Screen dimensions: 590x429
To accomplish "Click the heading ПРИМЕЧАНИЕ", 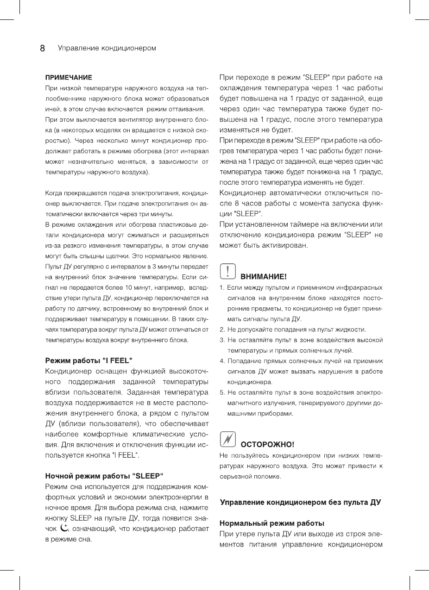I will click(68, 77).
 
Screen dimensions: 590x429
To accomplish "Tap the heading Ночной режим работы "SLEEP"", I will click(104, 475).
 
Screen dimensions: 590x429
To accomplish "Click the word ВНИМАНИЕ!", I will click(263, 277).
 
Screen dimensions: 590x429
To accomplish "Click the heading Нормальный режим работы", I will click(271, 523).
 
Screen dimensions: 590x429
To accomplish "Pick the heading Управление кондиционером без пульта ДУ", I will click(300, 502).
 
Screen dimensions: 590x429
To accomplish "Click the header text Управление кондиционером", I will click(107, 48).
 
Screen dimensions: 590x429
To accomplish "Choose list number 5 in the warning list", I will click(222, 393).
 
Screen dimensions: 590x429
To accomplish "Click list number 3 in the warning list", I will click(222, 340).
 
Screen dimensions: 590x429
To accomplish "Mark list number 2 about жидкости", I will click(222, 329).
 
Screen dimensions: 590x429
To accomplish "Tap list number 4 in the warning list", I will click(222, 361).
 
